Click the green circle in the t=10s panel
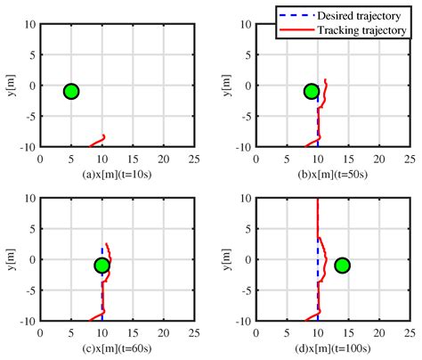click(x=71, y=91)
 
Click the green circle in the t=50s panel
click(x=311, y=91)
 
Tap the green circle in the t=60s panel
click(x=101, y=266)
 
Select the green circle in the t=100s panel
click(x=342, y=266)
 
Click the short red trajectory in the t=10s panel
click(x=97, y=141)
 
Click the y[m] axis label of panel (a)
click(x=9, y=86)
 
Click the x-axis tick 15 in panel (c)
click(x=133, y=332)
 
